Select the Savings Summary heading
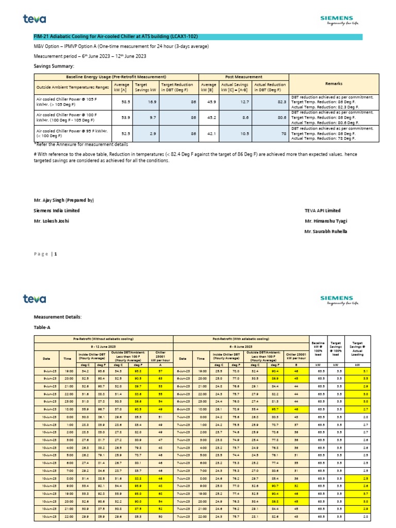[54, 66]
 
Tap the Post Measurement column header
[243, 76]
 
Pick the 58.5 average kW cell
[122, 103]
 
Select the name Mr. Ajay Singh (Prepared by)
[63, 200]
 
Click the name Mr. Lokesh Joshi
[52, 221]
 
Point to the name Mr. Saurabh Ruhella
[326, 232]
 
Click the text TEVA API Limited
[323, 210]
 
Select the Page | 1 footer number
[46, 254]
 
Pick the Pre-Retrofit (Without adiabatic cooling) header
[103, 339]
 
